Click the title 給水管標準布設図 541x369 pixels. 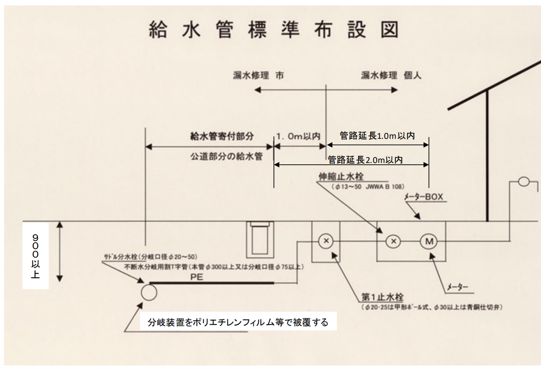[x=273, y=30]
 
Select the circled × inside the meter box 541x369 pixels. [x=393, y=241]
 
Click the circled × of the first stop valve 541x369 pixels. [x=326, y=241]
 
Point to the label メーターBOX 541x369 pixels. [x=423, y=197]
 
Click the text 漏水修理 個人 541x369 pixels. [x=391, y=76]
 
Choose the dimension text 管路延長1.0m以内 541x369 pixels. [x=377, y=136]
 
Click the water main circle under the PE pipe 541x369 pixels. [x=149, y=293]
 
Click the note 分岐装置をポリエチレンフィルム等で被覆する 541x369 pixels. [x=238, y=322]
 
